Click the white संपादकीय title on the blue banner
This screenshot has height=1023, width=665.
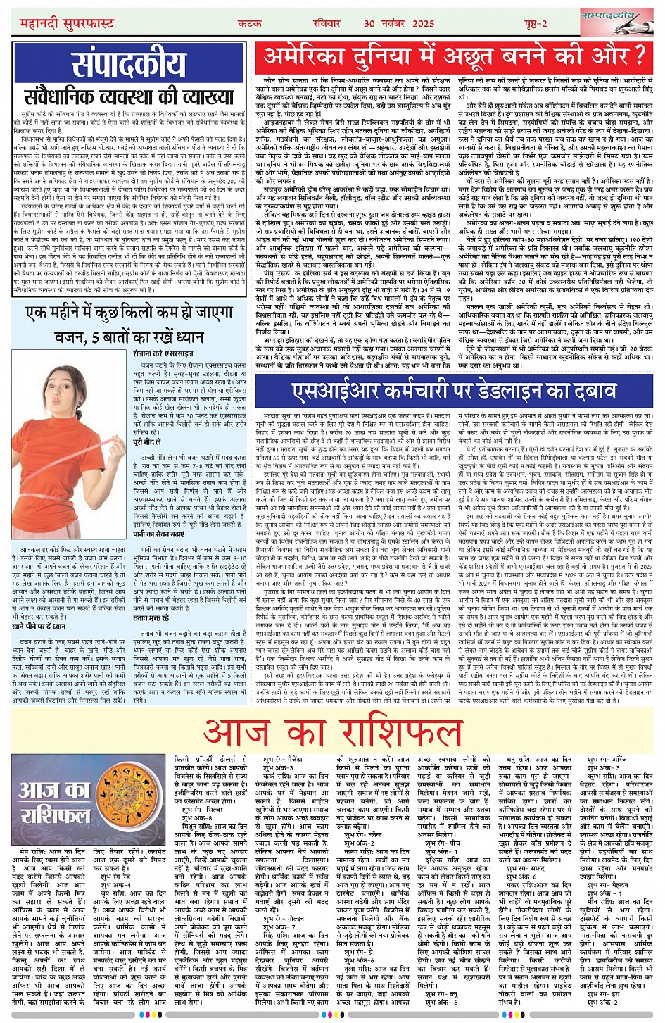click(x=129, y=64)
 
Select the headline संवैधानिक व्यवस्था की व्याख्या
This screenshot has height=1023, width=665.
click(x=128, y=97)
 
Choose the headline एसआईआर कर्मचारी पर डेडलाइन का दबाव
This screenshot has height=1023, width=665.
click(x=455, y=387)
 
